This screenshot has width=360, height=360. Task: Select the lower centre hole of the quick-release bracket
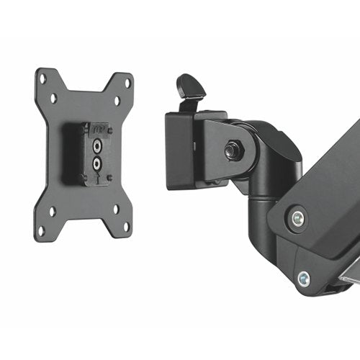tap(97, 162)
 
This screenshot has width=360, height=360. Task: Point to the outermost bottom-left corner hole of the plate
tap(41, 230)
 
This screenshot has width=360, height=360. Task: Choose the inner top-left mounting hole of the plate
tap(54, 97)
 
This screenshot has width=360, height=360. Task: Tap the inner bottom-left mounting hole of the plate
tap(52, 212)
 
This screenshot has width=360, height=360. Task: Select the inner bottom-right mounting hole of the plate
tap(114, 210)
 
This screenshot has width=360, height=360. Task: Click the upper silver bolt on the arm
tap(295, 217)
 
